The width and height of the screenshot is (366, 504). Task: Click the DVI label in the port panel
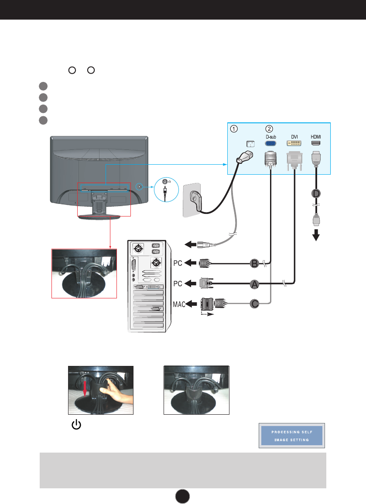point(294,136)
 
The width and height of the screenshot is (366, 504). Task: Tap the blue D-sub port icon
point(270,143)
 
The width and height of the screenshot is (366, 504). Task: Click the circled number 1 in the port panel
point(234,129)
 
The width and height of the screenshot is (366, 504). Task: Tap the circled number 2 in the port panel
point(269,129)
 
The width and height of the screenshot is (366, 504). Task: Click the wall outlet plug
point(192,200)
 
